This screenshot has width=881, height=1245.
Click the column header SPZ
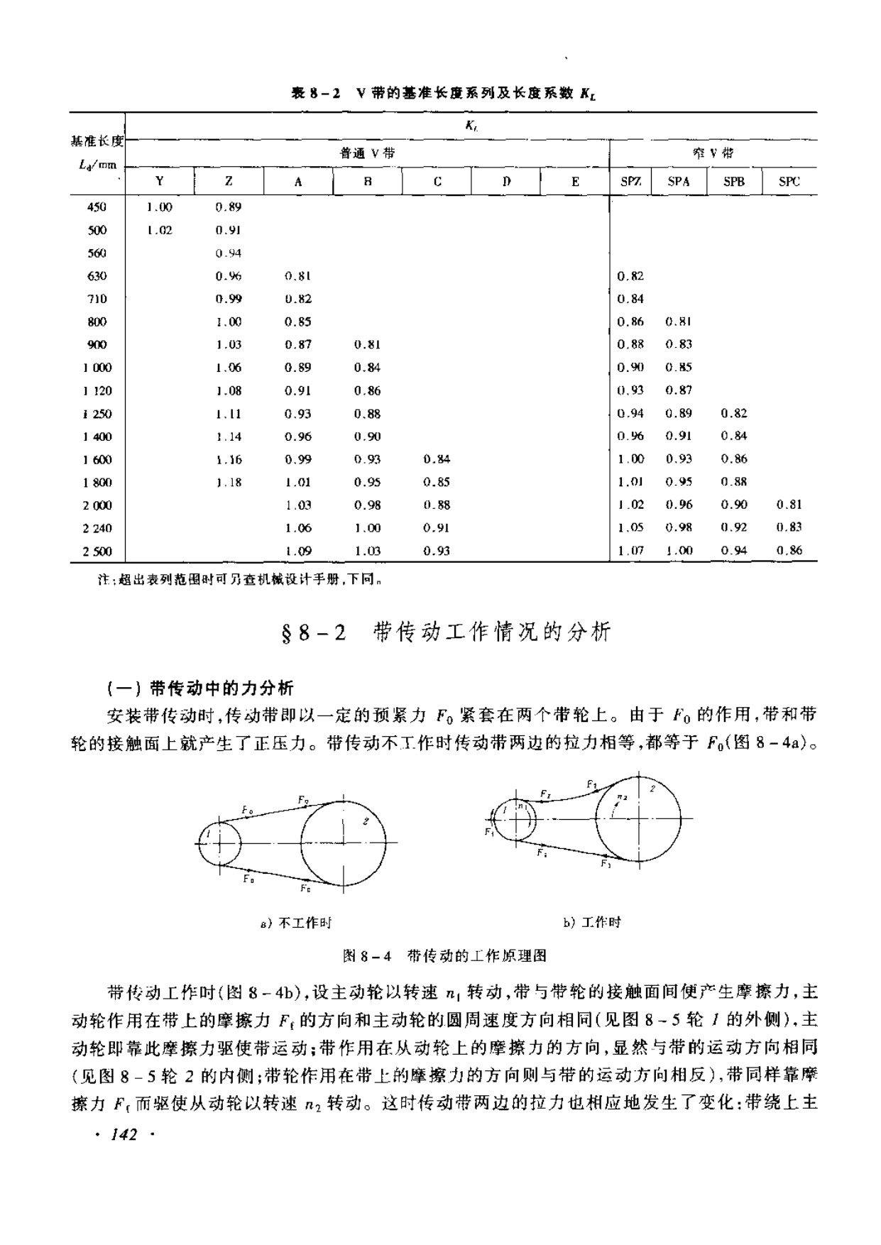[x=630, y=182]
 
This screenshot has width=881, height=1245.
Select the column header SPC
[x=789, y=182]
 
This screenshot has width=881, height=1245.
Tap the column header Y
[x=160, y=182]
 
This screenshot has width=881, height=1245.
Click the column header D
[x=506, y=182]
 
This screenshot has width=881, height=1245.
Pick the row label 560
[x=97, y=253]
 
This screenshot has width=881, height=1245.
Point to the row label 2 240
[x=97, y=528]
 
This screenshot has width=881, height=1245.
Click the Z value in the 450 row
[x=229, y=207]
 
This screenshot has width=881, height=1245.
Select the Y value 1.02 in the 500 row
[x=160, y=230]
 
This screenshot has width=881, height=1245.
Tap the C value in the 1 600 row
[x=437, y=459]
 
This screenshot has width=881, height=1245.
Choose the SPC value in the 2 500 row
[x=789, y=550]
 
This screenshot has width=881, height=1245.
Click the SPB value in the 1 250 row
[x=734, y=413]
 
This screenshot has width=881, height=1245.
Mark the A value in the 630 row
[x=298, y=276]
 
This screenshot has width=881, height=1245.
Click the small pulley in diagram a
[x=219, y=843]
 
